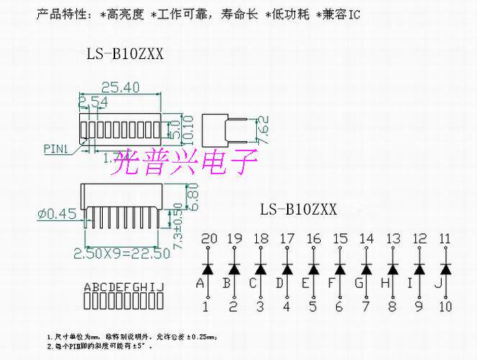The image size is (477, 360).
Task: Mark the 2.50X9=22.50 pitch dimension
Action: (x=122, y=253)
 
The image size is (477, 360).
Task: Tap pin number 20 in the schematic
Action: (x=209, y=238)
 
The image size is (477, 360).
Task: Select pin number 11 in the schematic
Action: (x=445, y=238)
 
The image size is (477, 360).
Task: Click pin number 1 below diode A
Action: (x=207, y=307)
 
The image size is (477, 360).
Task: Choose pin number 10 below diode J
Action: (x=445, y=307)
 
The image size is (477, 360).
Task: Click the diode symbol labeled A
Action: (x=208, y=269)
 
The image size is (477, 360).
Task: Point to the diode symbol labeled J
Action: (x=445, y=269)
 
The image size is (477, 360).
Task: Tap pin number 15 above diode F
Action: (x=340, y=238)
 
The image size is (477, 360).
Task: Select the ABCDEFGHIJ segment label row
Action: (x=124, y=287)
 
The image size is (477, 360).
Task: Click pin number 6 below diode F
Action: (x=339, y=307)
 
